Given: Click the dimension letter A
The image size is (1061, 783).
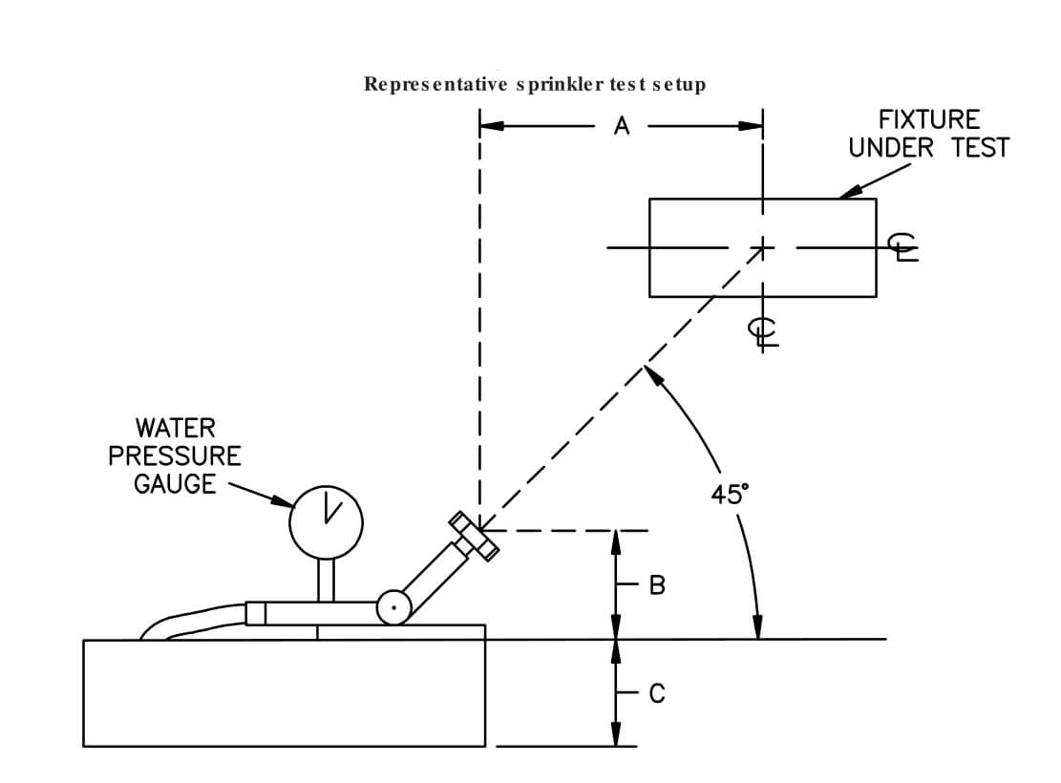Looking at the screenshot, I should [x=622, y=126].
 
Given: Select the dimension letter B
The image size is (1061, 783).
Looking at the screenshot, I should [x=656, y=584].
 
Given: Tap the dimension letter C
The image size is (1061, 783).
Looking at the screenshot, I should [x=656, y=694].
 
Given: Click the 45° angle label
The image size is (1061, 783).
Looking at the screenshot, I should [x=730, y=494].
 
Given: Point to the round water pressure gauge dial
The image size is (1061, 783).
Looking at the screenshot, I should [x=327, y=521].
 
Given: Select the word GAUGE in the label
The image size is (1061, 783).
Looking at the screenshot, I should [x=175, y=484].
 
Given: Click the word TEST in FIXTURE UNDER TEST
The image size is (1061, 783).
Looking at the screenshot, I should [x=980, y=148].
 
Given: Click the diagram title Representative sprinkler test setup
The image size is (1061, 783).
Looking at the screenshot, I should [x=535, y=84].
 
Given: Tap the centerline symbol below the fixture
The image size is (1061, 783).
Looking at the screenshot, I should [x=763, y=331].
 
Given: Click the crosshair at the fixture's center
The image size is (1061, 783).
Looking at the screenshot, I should [x=762, y=247].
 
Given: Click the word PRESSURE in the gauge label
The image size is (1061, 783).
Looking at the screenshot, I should [x=175, y=455].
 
